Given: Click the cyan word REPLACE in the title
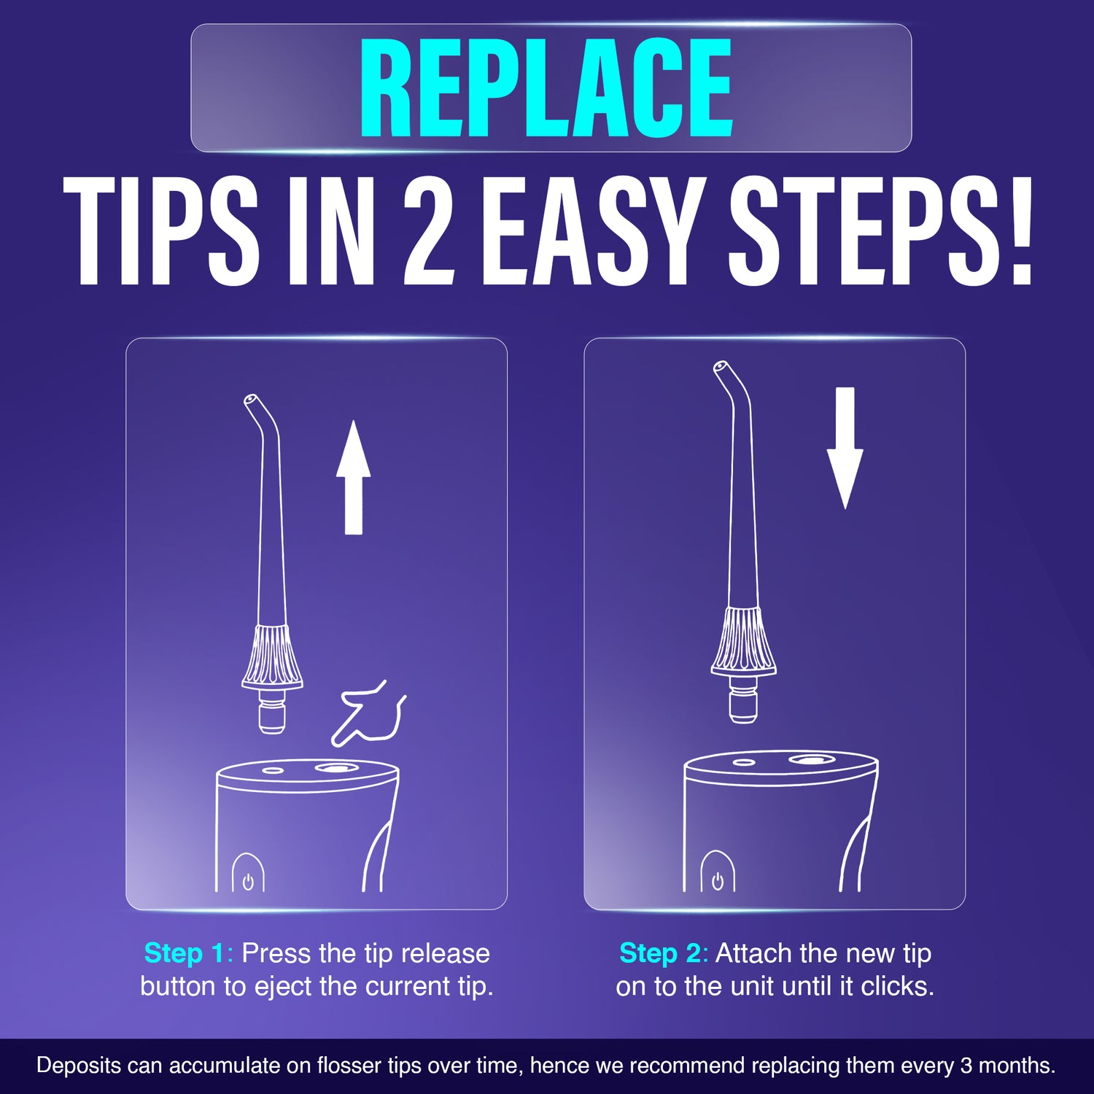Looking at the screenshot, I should pyautogui.click(x=546, y=89).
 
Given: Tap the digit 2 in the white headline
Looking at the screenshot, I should pyautogui.click(x=429, y=232).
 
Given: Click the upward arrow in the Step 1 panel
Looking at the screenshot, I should pyautogui.click(x=354, y=478).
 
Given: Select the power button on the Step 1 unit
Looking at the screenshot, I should pyautogui.click(x=248, y=881).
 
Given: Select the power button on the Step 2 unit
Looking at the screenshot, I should pyautogui.click(x=718, y=881).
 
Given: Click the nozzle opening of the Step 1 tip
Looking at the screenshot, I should pyautogui.click(x=250, y=400).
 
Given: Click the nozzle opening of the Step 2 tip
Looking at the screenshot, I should pyautogui.click(x=721, y=366).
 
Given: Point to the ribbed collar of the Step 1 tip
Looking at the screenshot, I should pyautogui.click(x=272, y=654).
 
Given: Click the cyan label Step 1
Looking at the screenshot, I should pyautogui.click(x=184, y=953).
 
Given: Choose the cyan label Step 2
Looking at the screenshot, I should pyautogui.click(x=659, y=953).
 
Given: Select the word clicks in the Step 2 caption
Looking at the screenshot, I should pyautogui.click(x=897, y=986).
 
